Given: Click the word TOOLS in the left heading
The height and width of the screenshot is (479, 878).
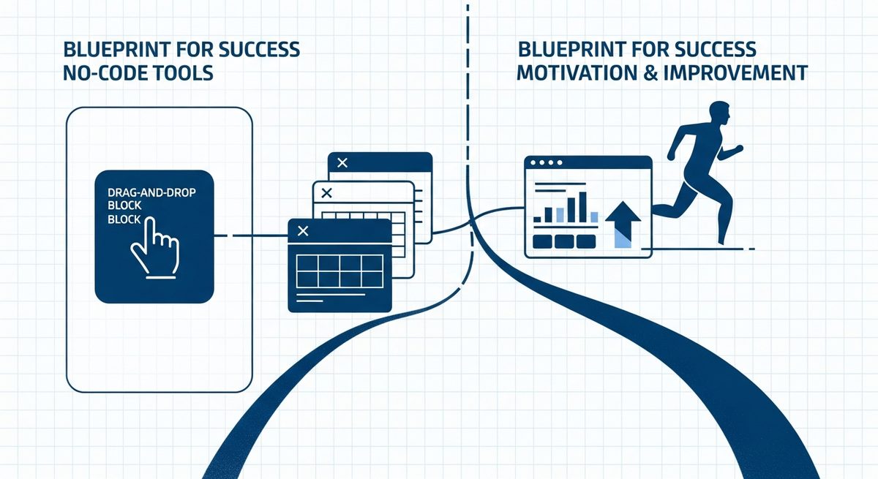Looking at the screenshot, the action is (x=180, y=73).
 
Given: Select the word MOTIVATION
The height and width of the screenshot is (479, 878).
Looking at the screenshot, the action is (x=577, y=72).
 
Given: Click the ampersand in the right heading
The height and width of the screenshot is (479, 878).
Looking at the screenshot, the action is (x=650, y=73).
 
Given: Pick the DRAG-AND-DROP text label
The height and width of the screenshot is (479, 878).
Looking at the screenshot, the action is (x=151, y=192).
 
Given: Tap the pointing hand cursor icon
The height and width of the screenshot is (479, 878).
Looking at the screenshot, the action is (x=155, y=247).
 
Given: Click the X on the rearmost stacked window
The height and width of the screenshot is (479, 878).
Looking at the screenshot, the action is (x=342, y=162).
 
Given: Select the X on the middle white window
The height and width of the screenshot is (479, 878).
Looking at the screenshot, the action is (x=326, y=192).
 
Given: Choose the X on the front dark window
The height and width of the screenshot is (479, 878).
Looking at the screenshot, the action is (x=303, y=231).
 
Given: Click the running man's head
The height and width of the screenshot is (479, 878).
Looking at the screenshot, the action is (x=720, y=113).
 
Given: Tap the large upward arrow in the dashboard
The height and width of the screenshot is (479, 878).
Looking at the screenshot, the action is (x=623, y=225).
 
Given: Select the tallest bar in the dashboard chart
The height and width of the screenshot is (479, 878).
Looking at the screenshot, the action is (x=582, y=207).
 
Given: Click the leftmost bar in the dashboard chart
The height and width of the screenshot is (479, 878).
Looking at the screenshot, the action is (x=537, y=219).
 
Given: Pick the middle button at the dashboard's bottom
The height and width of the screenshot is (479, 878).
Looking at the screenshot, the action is (x=564, y=241).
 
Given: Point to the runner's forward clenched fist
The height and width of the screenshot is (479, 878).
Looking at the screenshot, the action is (x=738, y=148).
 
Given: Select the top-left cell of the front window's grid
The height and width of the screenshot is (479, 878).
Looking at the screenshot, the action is (x=307, y=263).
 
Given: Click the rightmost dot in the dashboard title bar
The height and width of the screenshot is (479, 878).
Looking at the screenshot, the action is (x=560, y=162).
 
